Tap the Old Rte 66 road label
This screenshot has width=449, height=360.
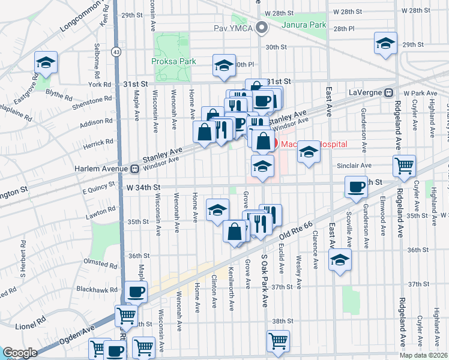point(295,232)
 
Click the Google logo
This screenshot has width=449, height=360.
point(20,353)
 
